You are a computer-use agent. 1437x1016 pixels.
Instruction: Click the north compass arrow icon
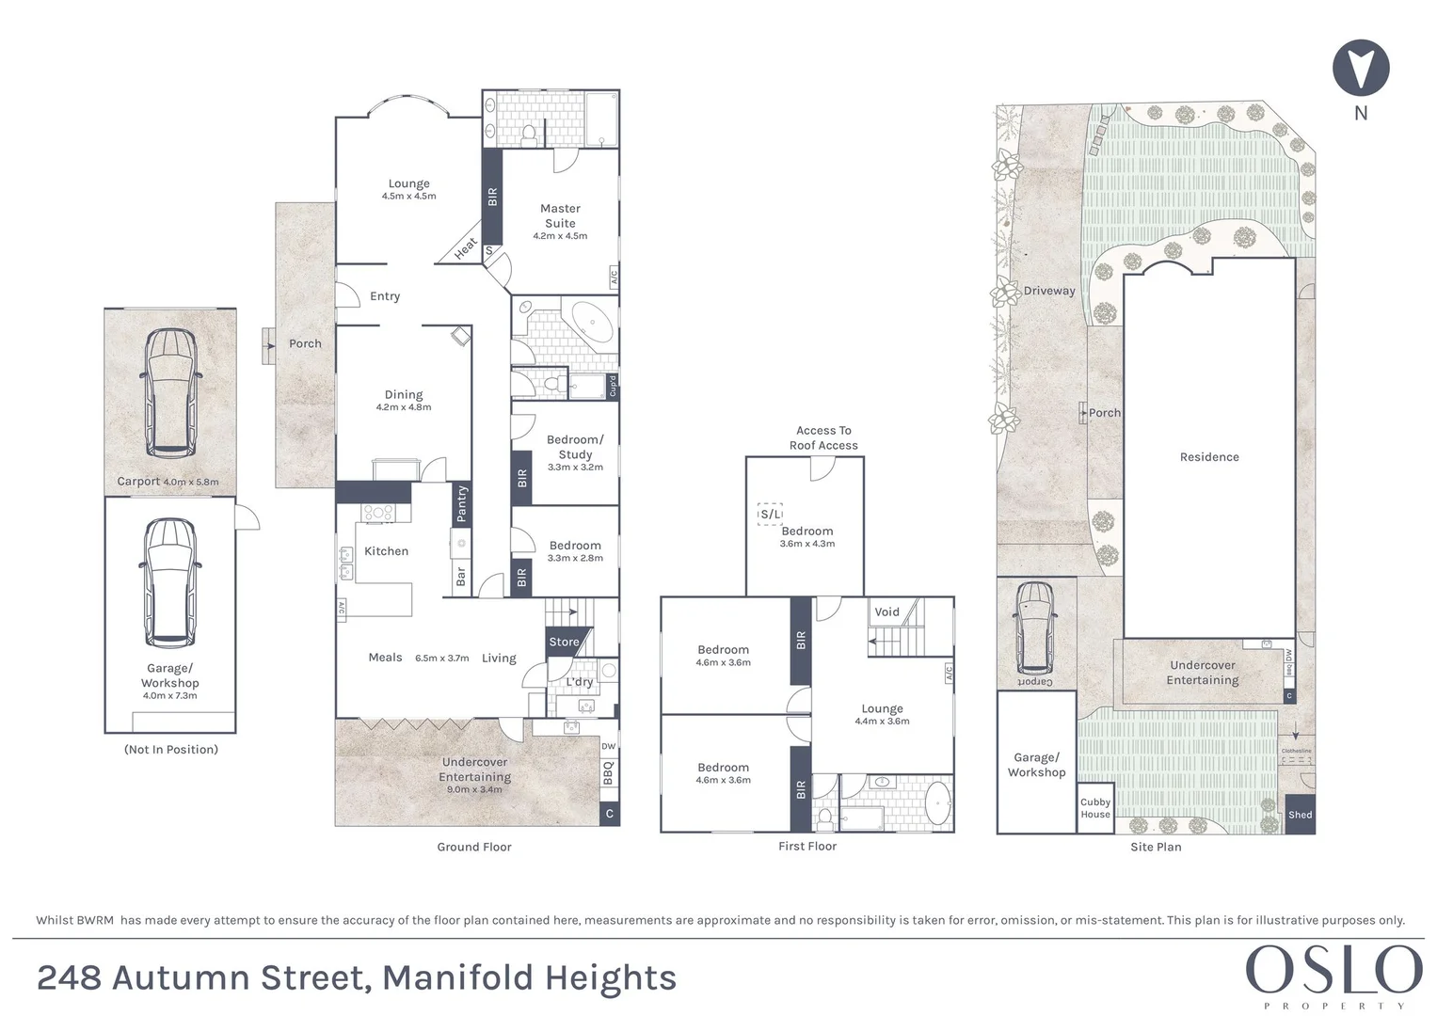click(x=1361, y=68)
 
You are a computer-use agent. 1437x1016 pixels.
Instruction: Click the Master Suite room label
click(x=560, y=215)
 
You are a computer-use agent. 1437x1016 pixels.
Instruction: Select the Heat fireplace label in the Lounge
click(x=466, y=248)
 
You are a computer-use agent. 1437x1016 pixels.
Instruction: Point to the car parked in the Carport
click(x=169, y=392)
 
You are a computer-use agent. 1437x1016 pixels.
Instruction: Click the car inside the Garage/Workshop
click(x=169, y=582)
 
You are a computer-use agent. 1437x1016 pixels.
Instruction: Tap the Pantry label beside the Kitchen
click(x=461, y=503)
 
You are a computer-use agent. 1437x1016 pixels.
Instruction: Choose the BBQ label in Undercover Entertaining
click(x=608, y=773)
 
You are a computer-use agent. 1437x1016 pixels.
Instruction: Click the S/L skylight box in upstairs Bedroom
click(x=770, y=514)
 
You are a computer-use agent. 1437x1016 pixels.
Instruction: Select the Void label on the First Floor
click(x=886, y=611)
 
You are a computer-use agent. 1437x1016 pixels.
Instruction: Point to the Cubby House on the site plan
click(x=1095, y=808)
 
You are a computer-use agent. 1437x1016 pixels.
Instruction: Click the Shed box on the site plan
click(x=1300, y=815)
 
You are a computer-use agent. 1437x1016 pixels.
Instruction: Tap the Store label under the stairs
click(x=564, y=642)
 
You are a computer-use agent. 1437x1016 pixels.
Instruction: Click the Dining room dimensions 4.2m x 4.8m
click(x=404, y=407)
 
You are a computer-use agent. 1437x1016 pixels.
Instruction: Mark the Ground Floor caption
click(x=474, y=847)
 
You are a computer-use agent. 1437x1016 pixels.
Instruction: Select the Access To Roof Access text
click(x=823, y=438)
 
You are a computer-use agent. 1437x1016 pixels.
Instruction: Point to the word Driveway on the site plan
click(x=1049, y=291)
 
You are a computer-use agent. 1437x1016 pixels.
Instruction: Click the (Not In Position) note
click(x=171, y=749)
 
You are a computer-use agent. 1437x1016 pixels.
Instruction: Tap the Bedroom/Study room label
click(x=575, y=447)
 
